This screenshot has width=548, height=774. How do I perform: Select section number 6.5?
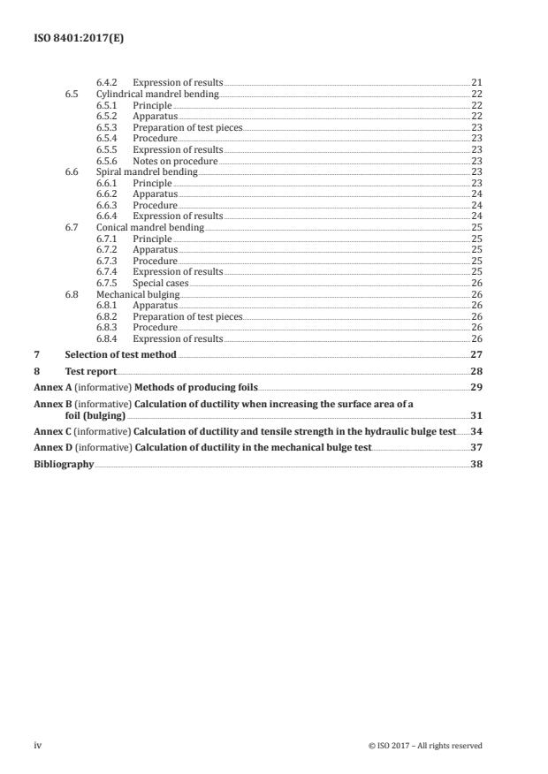72,94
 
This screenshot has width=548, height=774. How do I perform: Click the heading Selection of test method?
120,354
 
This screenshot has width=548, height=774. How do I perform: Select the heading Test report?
90,371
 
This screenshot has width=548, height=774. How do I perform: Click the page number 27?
476,354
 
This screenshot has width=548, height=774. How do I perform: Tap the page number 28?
476,371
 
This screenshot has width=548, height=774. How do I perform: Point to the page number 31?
476,414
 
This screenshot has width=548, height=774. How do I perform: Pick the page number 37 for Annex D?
476,447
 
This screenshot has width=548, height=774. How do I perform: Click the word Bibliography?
64,464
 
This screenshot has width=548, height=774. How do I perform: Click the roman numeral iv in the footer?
38,745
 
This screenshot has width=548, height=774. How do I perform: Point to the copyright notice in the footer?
425,745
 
